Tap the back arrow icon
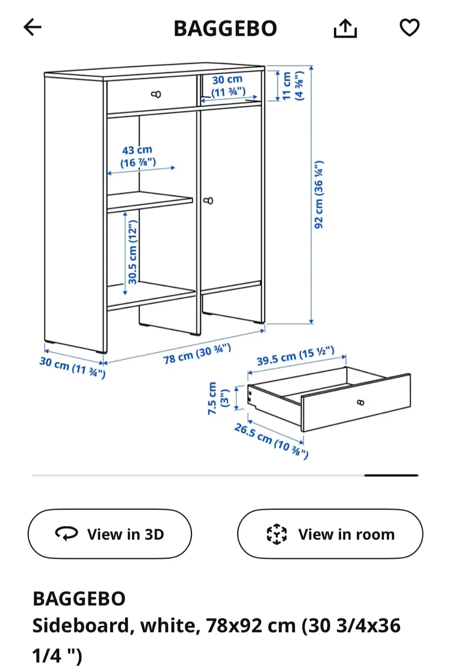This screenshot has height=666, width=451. click(x=33, y=27)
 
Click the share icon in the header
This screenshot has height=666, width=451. click(x=345, y=28)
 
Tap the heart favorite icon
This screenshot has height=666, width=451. click(x=409, y=27)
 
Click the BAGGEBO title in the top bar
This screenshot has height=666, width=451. click(x=225, y=29)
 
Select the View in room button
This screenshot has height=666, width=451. click(x=330, y=534)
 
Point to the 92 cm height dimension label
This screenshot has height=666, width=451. click(x=319, y=194)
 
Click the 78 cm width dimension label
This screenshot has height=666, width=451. click(x=197, y=354)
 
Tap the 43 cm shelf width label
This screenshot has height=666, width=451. click(x=138, y=156)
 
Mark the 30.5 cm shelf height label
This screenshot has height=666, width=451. click(x=133, y=252)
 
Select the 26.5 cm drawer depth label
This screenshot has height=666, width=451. click(x=271, y=441)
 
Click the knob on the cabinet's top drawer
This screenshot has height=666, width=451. click(x=156, y=94)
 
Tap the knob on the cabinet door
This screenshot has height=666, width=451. click(x=208, y=201)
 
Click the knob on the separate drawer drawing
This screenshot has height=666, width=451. click(x=361, y=402)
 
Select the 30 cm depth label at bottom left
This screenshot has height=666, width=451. click(x=73, y=367)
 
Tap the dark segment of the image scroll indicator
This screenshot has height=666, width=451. click(x=391, y=475)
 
